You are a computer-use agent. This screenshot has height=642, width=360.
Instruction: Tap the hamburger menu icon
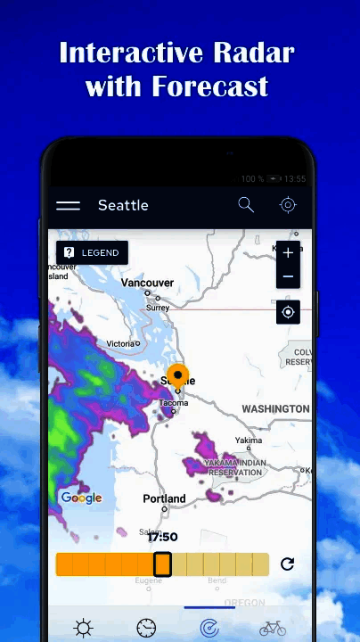click(69, 205)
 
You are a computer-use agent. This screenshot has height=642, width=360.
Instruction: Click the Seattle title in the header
click(123, 205)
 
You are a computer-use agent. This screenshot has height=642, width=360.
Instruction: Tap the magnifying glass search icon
click(246, 205)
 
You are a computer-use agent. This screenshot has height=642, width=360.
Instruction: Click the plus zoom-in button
click(288, 253)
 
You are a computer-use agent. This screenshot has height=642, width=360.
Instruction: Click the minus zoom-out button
click(288, 276)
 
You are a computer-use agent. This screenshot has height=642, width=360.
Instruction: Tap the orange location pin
click(178, 375)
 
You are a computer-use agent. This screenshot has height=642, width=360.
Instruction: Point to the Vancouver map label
click(147, 283)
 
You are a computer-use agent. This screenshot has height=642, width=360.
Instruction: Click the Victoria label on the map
click(120, 343)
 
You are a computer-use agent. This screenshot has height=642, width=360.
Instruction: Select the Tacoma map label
click(173, 403)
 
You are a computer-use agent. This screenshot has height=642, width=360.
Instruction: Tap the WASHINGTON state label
click(275, 408)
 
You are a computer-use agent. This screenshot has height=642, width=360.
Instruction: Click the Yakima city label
click(249, 440)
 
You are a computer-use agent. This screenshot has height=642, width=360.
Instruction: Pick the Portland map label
click(164, 498)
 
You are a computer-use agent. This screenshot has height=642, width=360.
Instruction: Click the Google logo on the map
click(81, 498)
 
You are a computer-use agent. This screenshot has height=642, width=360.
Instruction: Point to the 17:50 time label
click(162, 537)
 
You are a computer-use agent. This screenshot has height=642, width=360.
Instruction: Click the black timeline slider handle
click(162, 564)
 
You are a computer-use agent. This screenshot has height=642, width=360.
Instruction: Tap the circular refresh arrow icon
click(287, 564)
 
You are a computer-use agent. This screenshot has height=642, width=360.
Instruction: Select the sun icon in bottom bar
click(84, 629)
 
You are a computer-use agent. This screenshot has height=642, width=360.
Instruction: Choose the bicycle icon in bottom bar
click(273, 629)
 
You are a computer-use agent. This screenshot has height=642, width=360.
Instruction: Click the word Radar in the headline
click(254, 53)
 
